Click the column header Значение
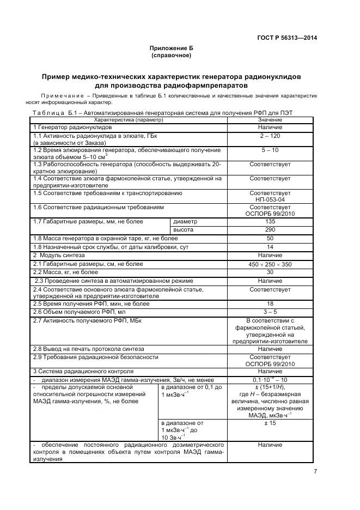pyautogui.click(x=270, y=119)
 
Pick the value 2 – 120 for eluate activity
pyautogui.click(x=270, y=135)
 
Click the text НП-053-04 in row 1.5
pyautogui.click(x=270, y=199)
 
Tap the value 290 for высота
pyautogui.click(x=270, y=230)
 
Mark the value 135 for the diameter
pyautogui.click(x=270, y=222)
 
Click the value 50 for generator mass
pyautogui.click(x=270, y=239)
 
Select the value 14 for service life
pyautogui.click(x=270, y=247)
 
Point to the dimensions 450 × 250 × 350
pyautogui.click(x=270, y=264)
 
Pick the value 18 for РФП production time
pyautogui.click(x=270, y=303)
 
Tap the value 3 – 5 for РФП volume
pyautogui.click(x=270, y=312)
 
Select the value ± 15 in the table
pyautogui.click(x=270, y=422)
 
